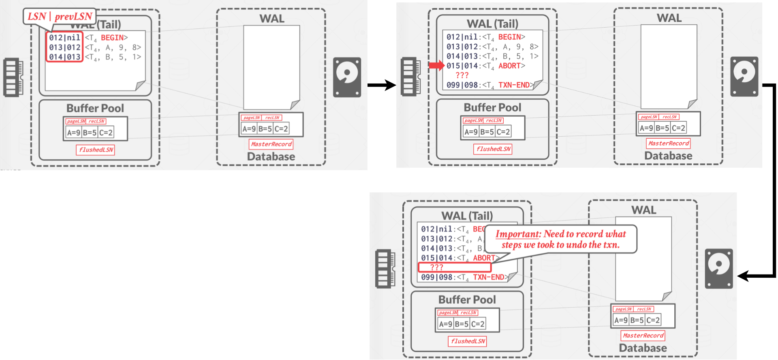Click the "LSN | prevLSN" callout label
point(60,17)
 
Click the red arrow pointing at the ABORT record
point(436,66)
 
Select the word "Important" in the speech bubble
point(518,234)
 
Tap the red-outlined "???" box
point(454,268)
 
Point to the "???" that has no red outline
point(462,75)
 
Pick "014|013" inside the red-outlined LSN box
point(65,57)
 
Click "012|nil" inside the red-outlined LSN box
point(65,38)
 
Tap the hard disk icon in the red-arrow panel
point(744,77)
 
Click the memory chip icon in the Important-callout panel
point(385,269)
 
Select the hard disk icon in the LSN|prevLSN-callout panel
point(347,77)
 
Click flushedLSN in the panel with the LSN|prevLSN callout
point(96,150)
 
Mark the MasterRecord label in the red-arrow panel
point(668,144)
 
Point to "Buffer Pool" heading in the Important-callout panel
point(467,300)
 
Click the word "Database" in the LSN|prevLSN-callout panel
point(271,156)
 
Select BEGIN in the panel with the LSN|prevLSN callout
point(112,38)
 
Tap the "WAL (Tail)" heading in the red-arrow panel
point(492,24)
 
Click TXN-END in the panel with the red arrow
point(514,85)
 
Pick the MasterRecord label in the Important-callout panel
point(643,336)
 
